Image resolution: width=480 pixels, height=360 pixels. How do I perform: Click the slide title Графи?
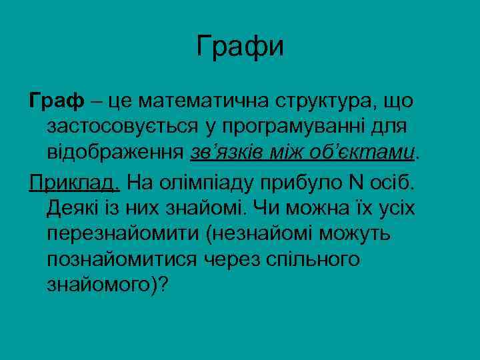point(240,46)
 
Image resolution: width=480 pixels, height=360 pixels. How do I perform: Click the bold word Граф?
point(57,101)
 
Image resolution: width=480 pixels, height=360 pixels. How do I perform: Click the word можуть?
point(363,233)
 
